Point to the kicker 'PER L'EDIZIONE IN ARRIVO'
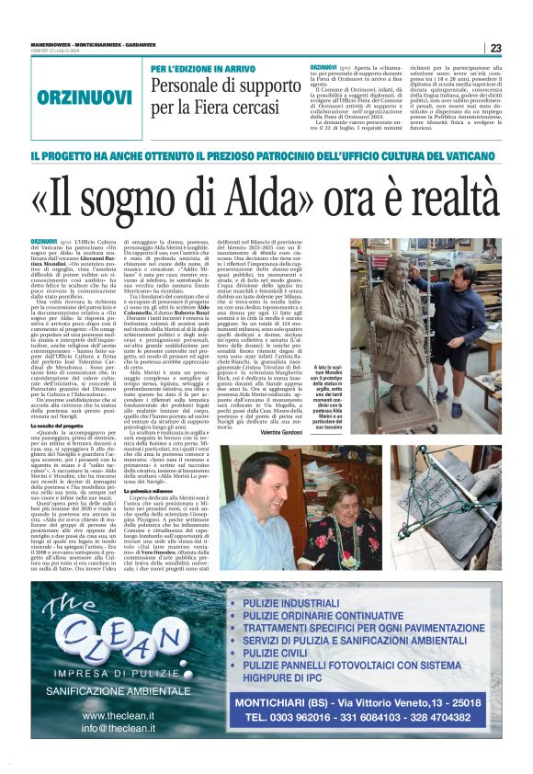point(201,70)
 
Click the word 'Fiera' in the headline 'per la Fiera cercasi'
point(221,108)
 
